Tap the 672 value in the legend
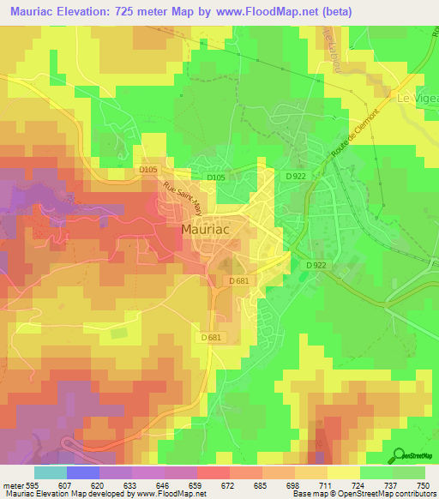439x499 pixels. [230, 484]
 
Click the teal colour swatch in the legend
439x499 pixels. [51, 472]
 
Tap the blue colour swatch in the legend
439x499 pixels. [83, 472]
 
